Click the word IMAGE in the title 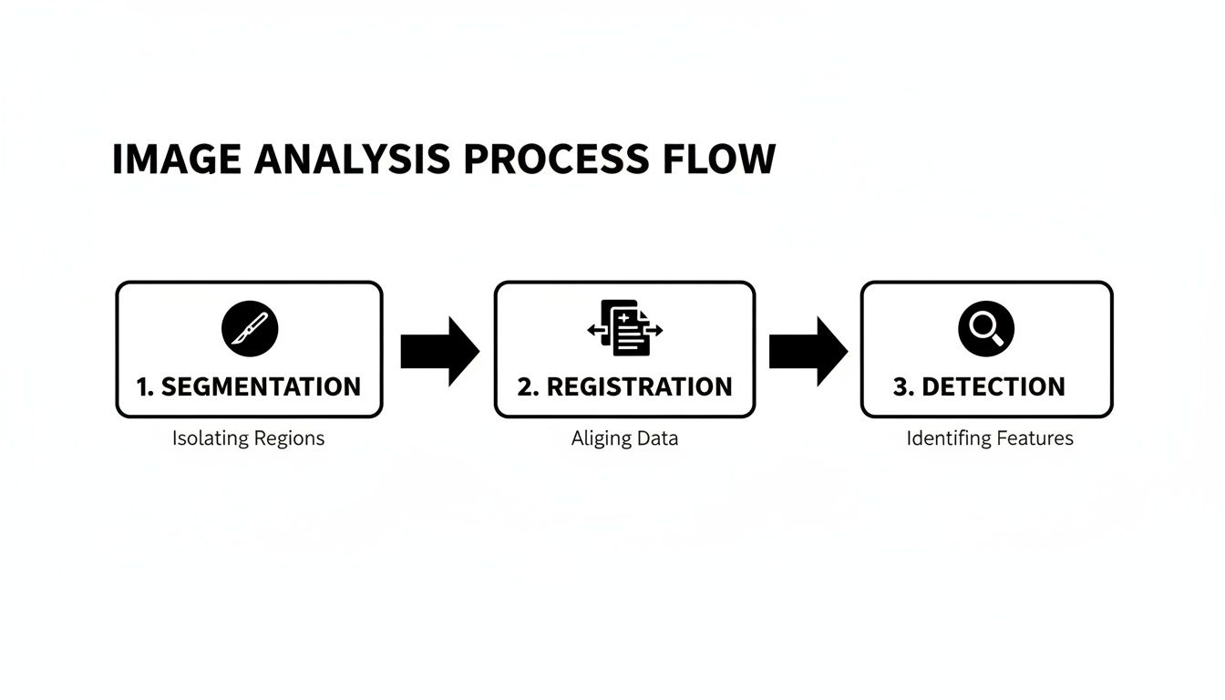176,160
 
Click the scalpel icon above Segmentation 249,329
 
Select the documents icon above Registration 625,328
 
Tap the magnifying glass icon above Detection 986,329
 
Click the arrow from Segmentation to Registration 439,351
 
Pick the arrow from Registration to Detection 808,351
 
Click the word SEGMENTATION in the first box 261,386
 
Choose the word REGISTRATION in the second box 640,386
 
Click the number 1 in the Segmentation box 143,386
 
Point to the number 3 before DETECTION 901,386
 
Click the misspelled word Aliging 601,438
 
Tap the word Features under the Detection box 1035,438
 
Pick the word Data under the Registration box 657,438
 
